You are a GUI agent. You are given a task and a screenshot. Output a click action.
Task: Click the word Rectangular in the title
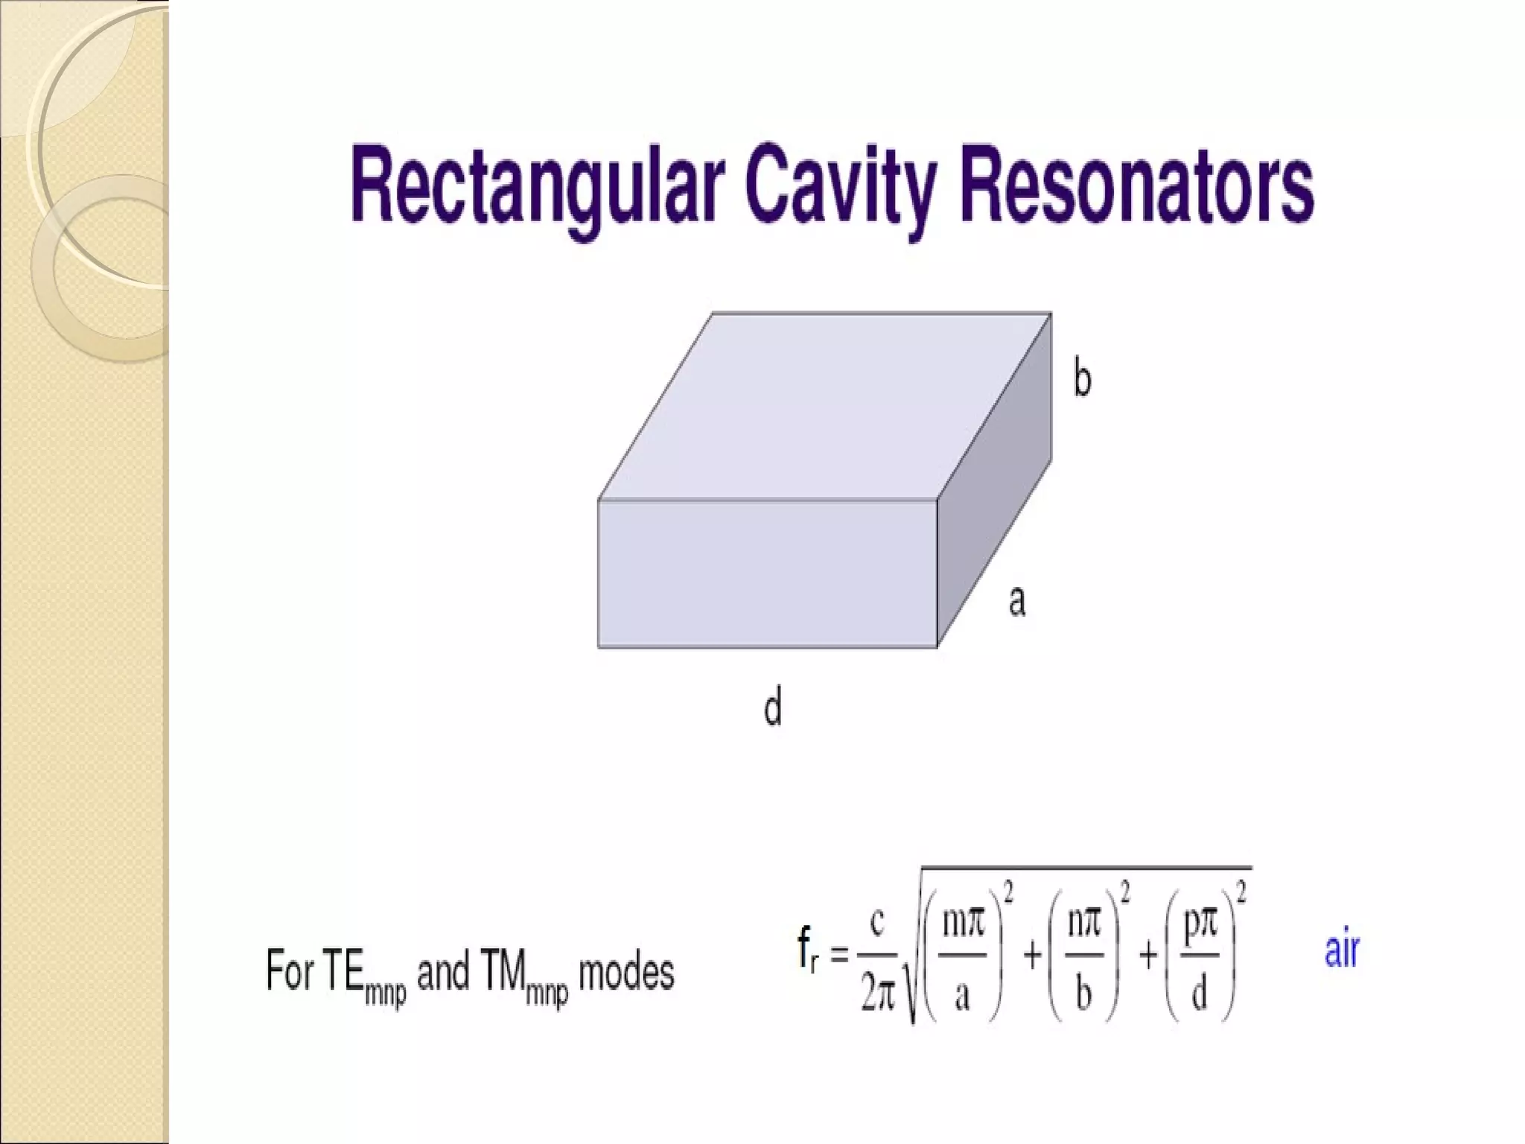click(536, 186)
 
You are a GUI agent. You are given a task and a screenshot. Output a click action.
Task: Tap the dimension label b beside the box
click(1082, 378)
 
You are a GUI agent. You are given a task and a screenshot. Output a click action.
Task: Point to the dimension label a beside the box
click(1017, 600)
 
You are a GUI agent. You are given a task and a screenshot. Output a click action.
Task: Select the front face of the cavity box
click(767, 573)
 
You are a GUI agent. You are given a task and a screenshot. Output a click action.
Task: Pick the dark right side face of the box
click(994, 484)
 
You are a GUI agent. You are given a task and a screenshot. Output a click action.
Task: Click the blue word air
click(1342, 951)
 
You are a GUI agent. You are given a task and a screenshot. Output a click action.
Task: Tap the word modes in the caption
click(626, 973)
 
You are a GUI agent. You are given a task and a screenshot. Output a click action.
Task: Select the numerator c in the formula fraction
click(877, 924)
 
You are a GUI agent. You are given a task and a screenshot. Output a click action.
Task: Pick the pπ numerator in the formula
click(1200, 924)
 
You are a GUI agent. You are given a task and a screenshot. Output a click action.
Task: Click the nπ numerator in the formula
click(1083, 924)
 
